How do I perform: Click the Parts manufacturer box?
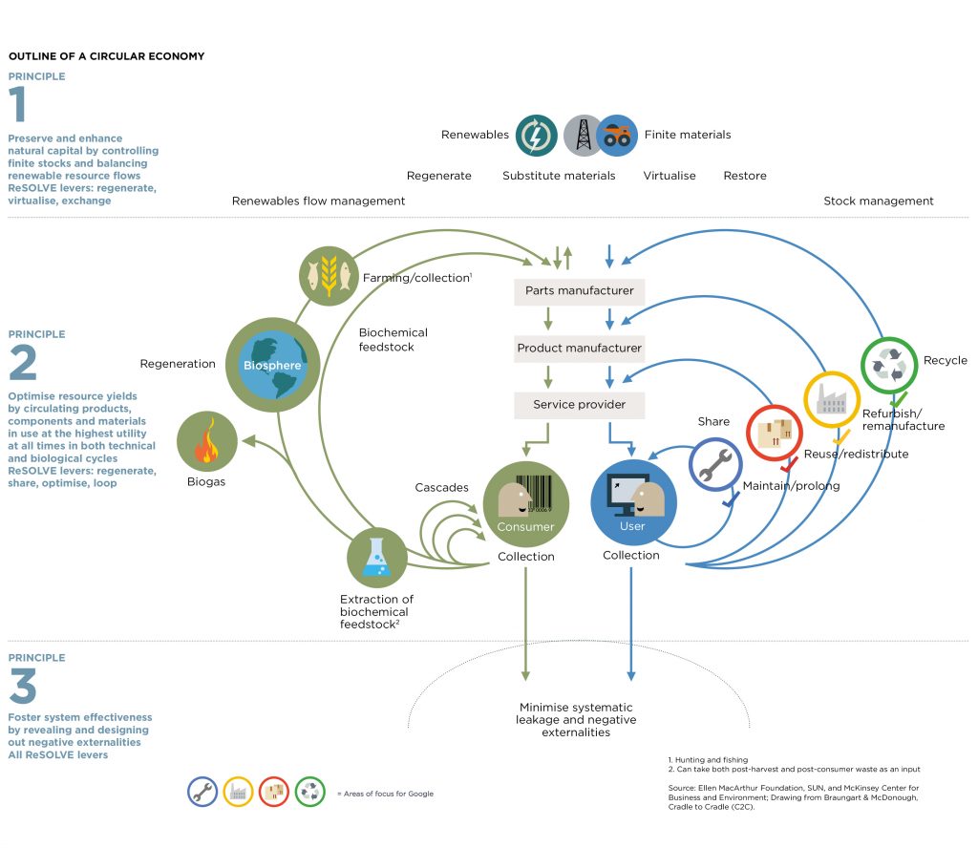click(x=580, y=290)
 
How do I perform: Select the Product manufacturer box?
click(x=580, y=348)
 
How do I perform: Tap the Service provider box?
click(x=580, y=404)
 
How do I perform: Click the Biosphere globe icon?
click(x=272, y=365)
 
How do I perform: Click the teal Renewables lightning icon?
click(x=537, y=136)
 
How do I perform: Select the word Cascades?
click(x=441, y=487)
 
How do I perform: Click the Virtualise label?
click(x=669, y=176)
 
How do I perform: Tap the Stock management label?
click(x=878, y=201)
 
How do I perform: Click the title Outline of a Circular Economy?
click(x=106, y=56)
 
